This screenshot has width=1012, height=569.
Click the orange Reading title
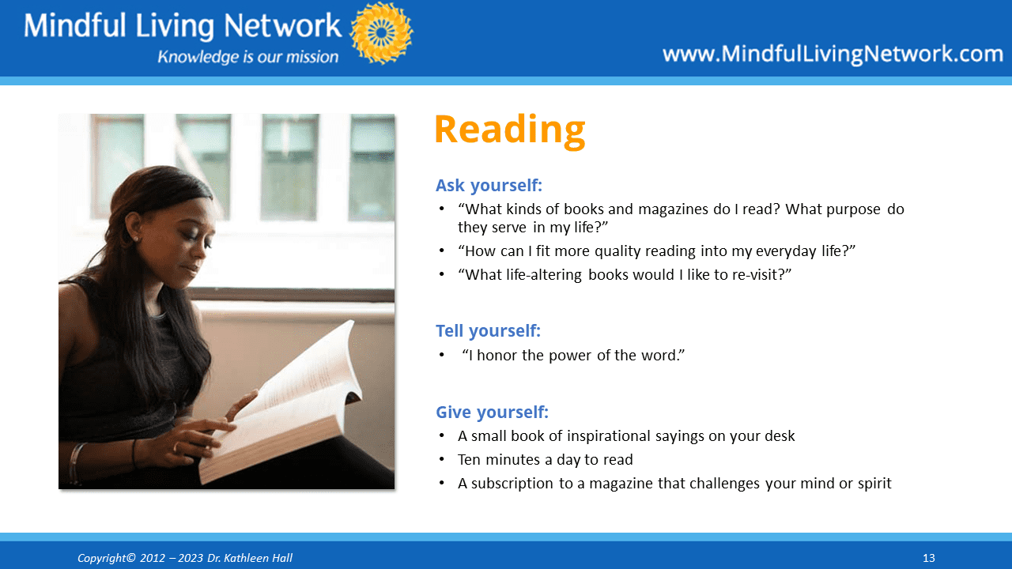click(x=510, y=130)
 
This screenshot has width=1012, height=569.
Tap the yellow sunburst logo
click(x=381, y=33)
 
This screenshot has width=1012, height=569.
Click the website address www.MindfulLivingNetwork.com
click(x=833, y=55)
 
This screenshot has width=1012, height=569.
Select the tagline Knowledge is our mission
click(x=247, y=57)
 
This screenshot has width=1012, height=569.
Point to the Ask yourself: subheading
click(x=489, y=186)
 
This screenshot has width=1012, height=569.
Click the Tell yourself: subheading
click(x=488, y=331)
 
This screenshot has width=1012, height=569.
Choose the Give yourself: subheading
click(x=492, y=413)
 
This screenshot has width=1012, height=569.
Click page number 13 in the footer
click(x=928, y=558)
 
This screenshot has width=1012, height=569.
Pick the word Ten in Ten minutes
click(x=469, y=460)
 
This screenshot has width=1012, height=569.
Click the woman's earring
click(x=134, y=238)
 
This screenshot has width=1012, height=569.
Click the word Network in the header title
click(x=282, y=26)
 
